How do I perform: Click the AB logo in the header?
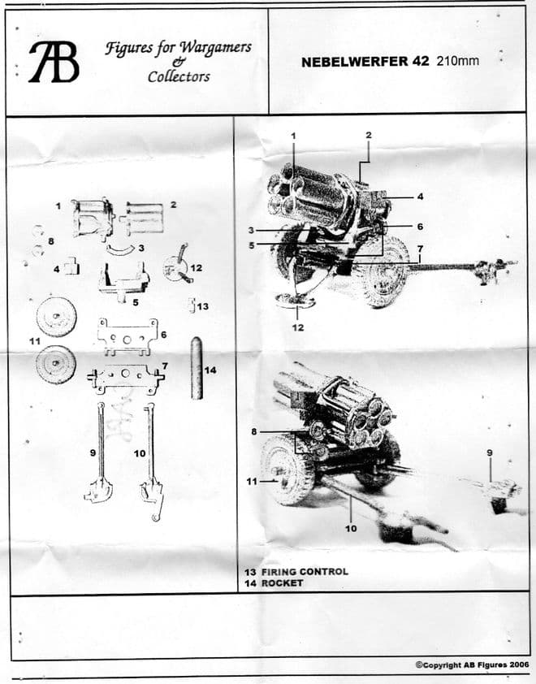coord(54,62)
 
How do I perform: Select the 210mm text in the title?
coord(458,61)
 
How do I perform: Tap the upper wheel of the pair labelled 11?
coord(56,316)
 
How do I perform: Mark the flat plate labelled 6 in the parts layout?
coord(126,334)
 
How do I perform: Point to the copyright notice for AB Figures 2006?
coord(472,664)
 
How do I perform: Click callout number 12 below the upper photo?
coord(297,327)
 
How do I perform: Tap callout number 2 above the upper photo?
coord(368,134)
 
